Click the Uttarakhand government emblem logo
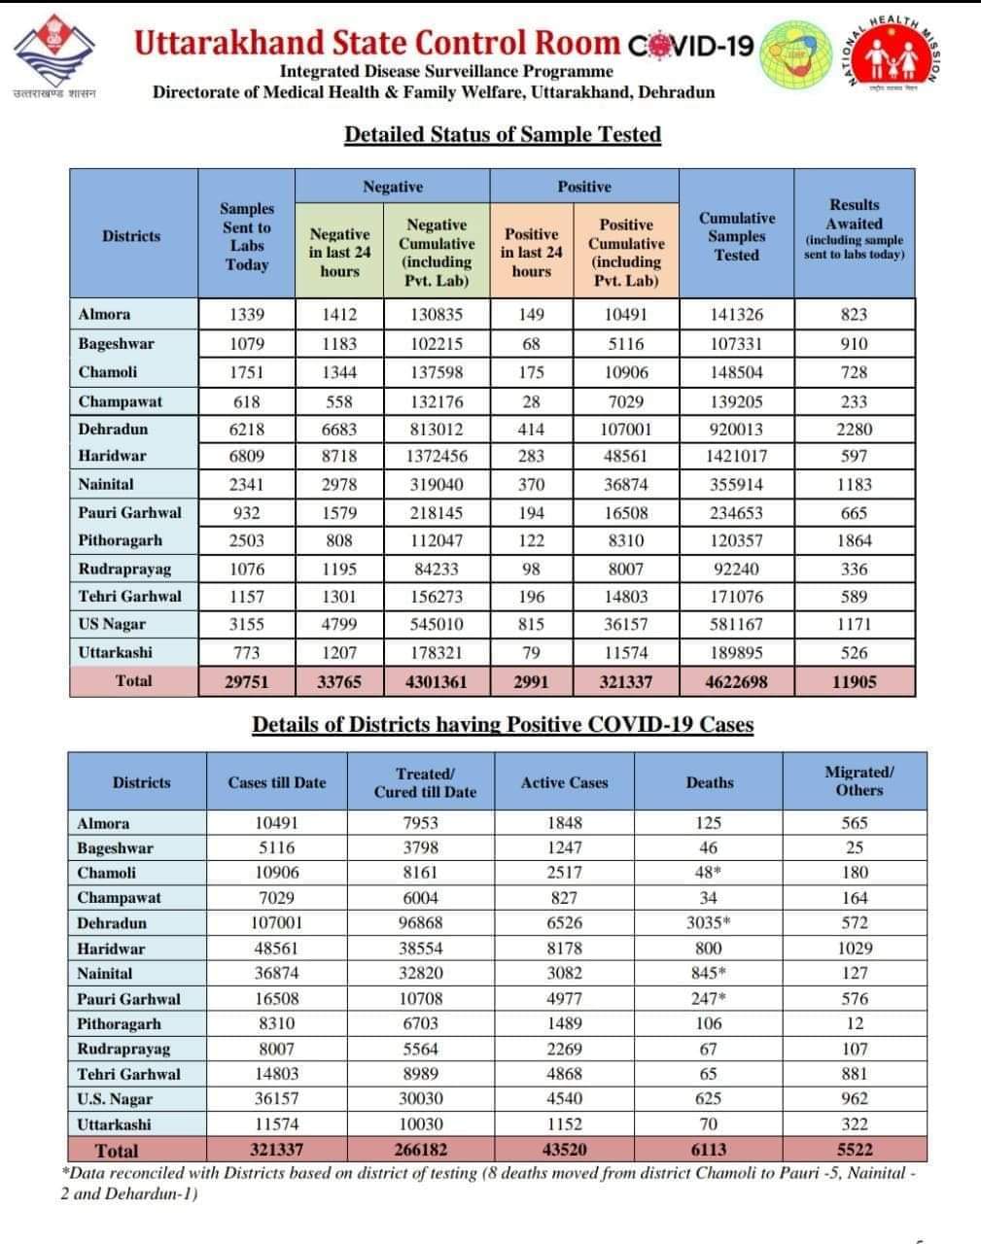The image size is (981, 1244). pos(54,53)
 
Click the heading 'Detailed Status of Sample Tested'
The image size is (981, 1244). pos(503,134)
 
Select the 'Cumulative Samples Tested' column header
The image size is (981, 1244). pos(736,236)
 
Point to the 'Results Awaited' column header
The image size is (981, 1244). pos(854,229)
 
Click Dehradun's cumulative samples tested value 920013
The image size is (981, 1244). pos(736,429)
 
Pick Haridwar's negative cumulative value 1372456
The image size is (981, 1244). pos(437,456)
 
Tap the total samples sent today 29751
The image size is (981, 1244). pos(247,681)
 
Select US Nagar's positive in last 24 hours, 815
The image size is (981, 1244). pos(531,624)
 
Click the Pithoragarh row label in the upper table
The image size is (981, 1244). pos(121,540)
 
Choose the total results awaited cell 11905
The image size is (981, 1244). pos(854,681)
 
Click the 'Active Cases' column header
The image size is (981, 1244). pos(564,782)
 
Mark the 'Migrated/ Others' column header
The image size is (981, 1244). pos(858,781)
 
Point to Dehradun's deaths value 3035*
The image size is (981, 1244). pos(709,922)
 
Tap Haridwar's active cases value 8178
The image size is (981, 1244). pos(564,948)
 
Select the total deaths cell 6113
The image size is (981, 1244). pos(709,1150)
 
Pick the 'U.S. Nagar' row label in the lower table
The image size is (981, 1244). pos(115,1099)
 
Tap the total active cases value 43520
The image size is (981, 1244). pos(564,1150)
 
